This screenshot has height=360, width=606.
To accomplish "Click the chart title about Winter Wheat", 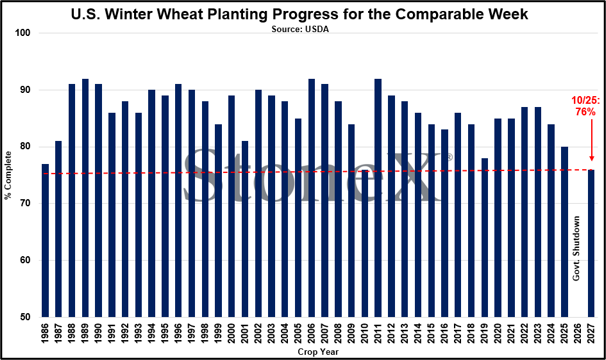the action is tap(300, 14).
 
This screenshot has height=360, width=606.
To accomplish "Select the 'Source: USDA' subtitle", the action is tap(300, 29).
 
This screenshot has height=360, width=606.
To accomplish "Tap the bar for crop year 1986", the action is tap(45, 241).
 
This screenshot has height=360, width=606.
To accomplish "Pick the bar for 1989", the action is tap(85, 198).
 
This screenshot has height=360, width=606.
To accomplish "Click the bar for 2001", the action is tap(245, 229).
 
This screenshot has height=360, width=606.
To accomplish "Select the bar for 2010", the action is tap(364, 243).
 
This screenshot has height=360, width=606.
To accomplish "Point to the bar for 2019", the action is tap(484, 237).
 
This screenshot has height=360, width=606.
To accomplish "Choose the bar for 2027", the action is tap(591, 243).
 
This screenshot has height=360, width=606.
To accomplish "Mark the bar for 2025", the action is tap(564, 232).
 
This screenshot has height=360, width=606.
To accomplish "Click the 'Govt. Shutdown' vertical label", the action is tap(576, 248).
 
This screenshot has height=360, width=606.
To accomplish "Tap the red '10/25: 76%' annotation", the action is tap(586, 106).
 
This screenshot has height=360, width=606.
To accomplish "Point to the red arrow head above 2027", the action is tap(591, 158).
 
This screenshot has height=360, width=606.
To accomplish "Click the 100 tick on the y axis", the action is tap(22, 33).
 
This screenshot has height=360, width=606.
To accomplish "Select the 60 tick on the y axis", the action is tap(25, 260).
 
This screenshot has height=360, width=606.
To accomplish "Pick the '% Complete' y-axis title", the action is tap(8, 175).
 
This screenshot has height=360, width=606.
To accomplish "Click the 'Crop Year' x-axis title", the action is tap(318, 352).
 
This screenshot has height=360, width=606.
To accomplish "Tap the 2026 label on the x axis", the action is tap(578, 333).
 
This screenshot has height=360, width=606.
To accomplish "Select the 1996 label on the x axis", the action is tap(179, 333).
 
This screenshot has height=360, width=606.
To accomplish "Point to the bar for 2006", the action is tap(311, 198).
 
